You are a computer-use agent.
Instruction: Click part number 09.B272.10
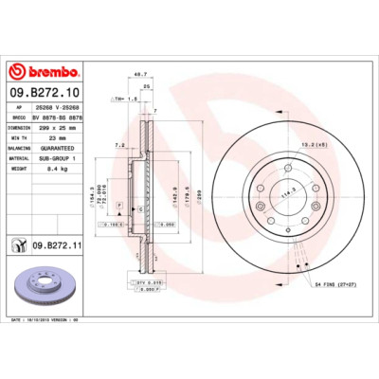click(45, 92)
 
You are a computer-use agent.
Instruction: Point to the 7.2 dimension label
click(120, 146)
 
